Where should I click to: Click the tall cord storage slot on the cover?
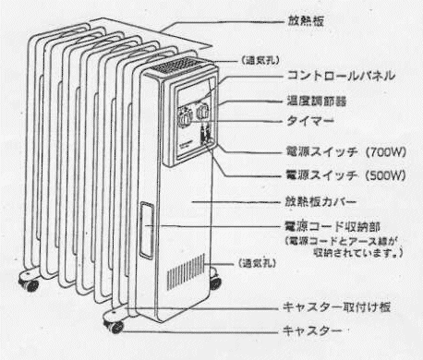click(x=147, y=227)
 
